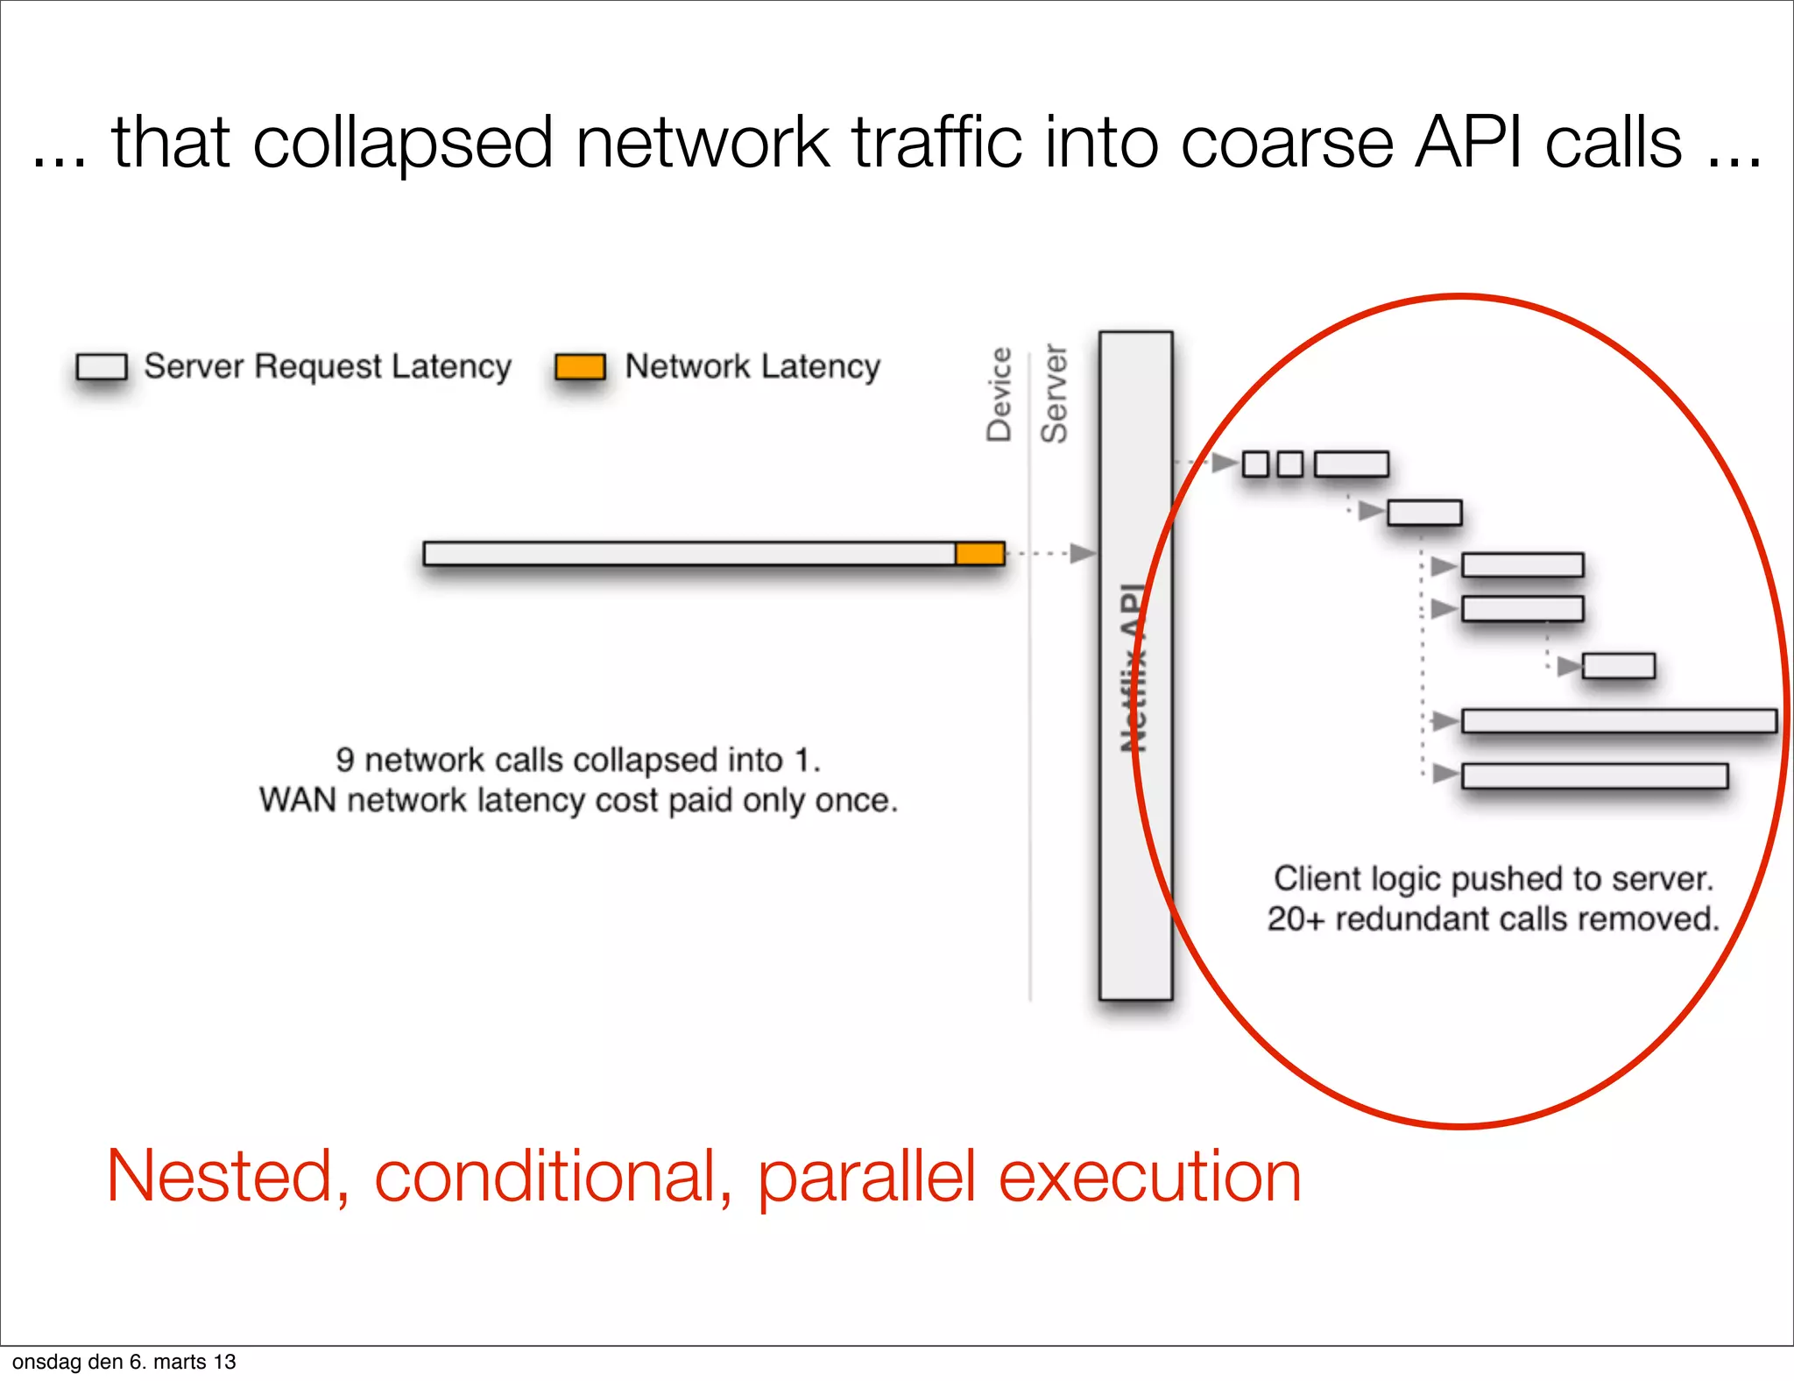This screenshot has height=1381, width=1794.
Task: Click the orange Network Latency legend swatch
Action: [x=580, y=366]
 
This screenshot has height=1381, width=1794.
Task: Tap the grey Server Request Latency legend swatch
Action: [x=102, y=366]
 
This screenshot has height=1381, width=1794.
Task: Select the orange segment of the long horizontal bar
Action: [x=979, y=553]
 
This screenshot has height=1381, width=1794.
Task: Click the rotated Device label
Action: [x=999, y=394]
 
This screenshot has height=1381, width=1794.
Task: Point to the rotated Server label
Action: [x=1054, y=394]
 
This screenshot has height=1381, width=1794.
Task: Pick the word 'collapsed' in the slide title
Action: [x=403, y=142]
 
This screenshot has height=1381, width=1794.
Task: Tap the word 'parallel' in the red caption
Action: [x=866, y=1176]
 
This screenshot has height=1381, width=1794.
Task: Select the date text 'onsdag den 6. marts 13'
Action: [x=124, y=1362]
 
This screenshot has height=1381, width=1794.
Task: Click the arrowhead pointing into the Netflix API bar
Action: [x=1084, y=553]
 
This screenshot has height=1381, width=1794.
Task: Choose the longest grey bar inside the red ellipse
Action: [x=1619, y=721]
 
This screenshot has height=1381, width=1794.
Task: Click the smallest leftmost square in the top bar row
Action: [x=1255, y=464]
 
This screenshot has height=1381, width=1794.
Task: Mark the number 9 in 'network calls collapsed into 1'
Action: [x=345, y=760]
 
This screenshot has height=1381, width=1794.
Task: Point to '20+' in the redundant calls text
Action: [x=1296, y=918]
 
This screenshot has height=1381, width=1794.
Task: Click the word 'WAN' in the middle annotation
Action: [x=297, y=800]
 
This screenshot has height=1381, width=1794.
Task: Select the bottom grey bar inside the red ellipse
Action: [x=1594, y=775]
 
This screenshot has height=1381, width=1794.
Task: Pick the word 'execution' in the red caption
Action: [x=1149, y=1176]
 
